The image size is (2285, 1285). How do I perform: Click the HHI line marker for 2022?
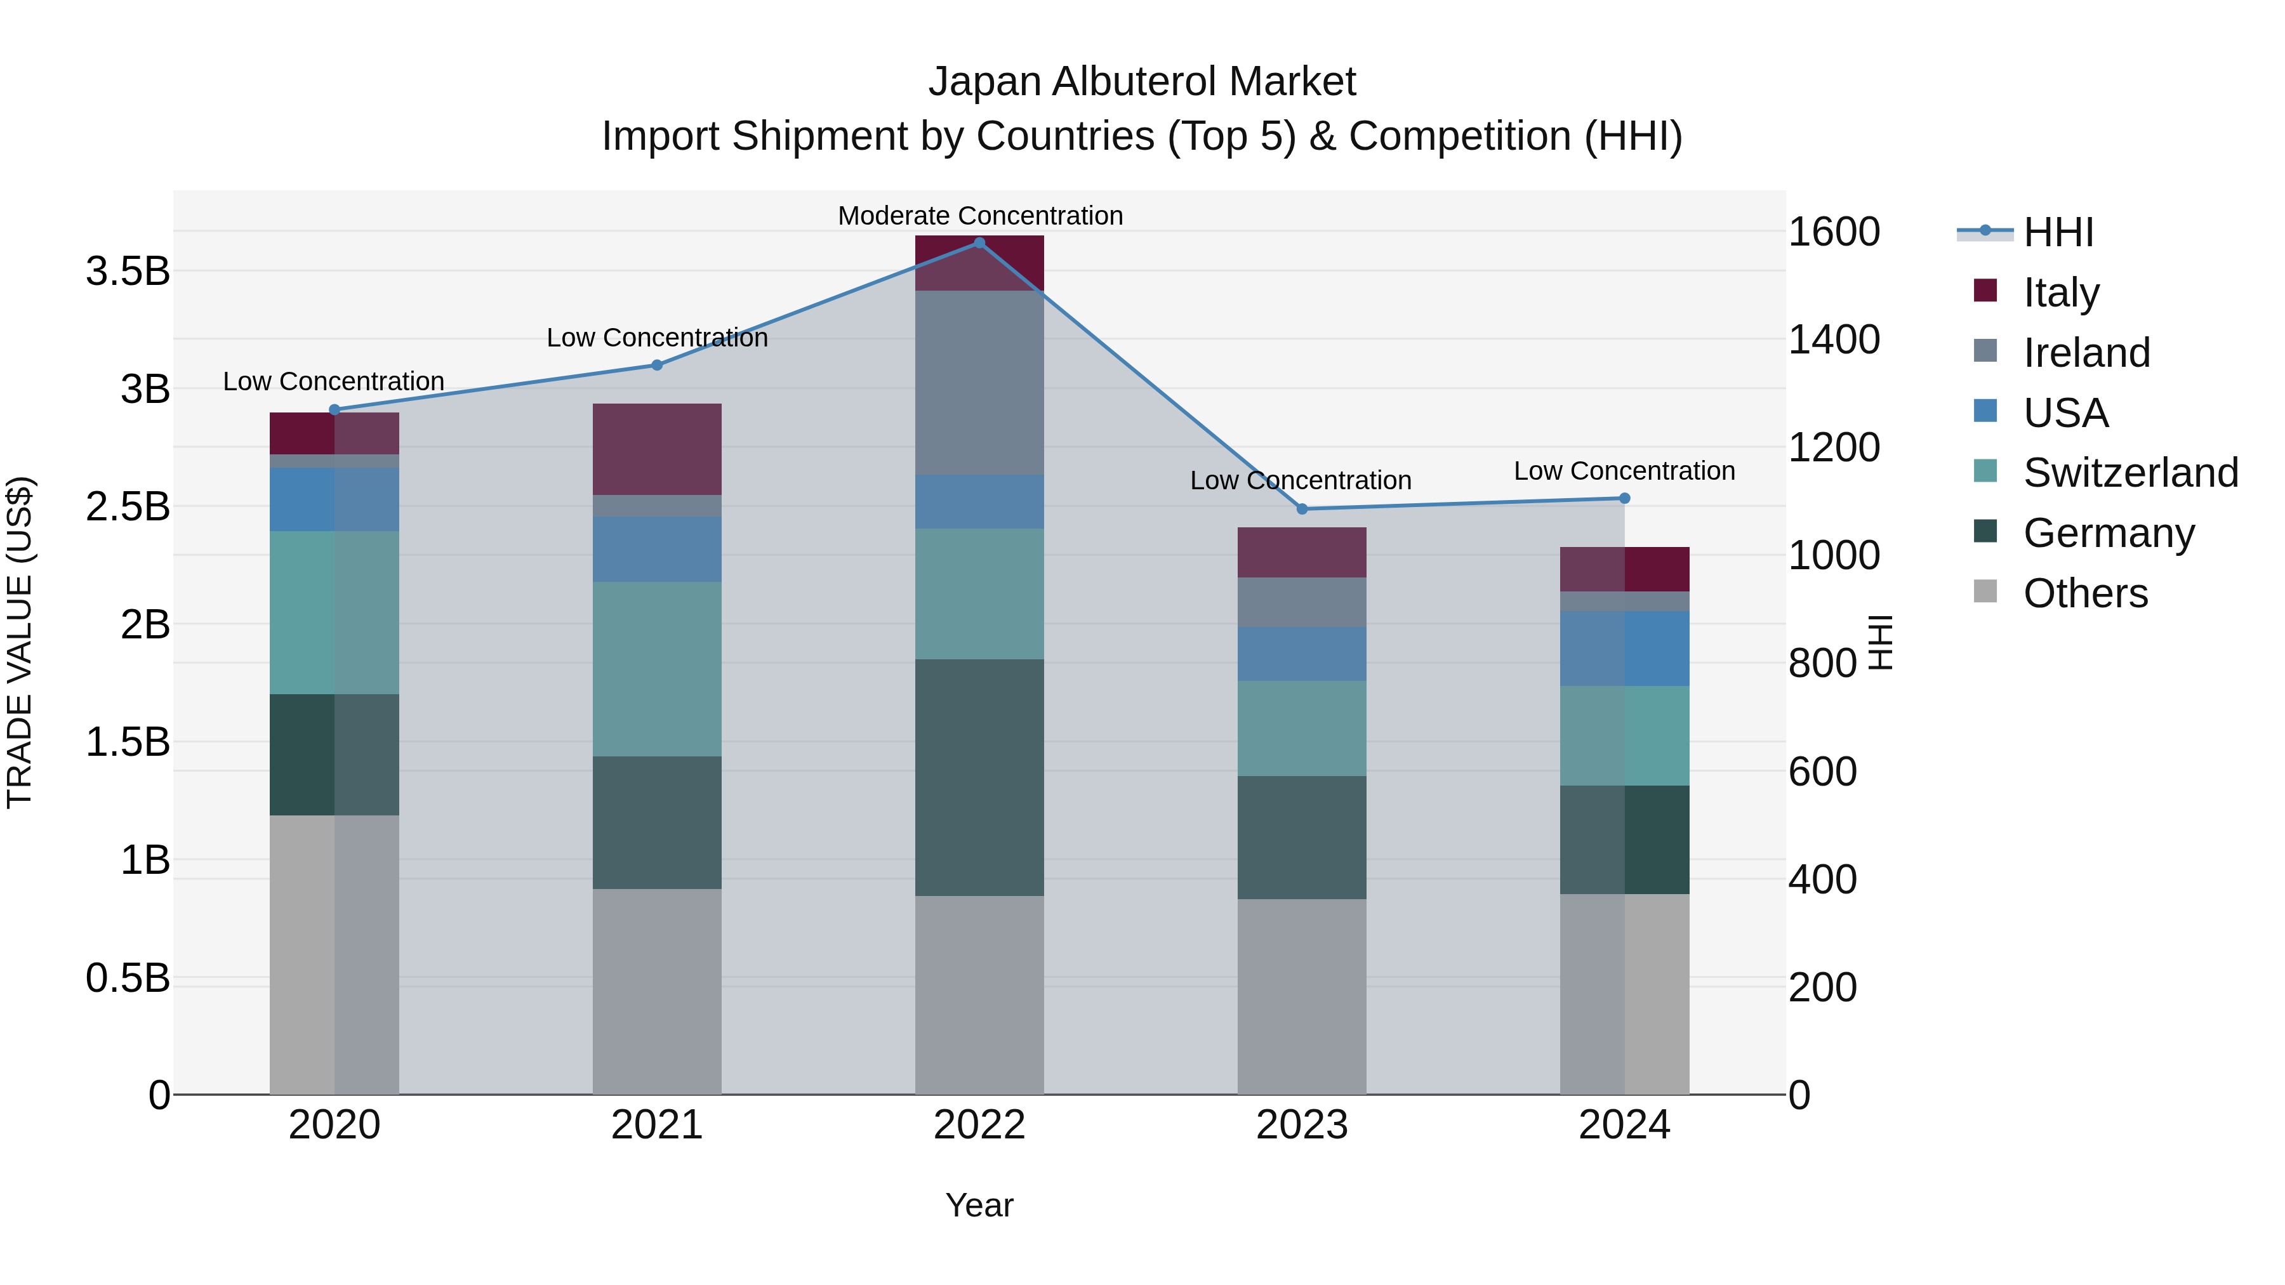click(x=979, y=243)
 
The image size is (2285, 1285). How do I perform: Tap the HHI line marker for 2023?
click(x=1302, y=509)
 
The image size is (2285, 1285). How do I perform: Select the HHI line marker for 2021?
click(x=658, y=366)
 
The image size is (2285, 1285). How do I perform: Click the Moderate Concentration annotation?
click(x=980, y=216)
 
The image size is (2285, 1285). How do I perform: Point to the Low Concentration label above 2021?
click(x=658, y=338)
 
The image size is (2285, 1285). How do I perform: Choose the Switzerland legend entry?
click(x=2129, y=473)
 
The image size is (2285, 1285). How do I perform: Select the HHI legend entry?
click(x=2058, y=232)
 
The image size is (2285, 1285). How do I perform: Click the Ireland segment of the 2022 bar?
click(x=979, y=382)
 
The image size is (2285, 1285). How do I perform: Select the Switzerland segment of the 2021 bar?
click(x=658, y=669)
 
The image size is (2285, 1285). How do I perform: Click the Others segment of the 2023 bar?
click(x=1302, y=997)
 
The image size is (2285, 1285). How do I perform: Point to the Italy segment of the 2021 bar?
click(x=658, y=449)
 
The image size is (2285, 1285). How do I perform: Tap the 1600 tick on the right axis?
click(x=1834, y=232)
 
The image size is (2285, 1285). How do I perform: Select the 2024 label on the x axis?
click(x=1624, y=1125)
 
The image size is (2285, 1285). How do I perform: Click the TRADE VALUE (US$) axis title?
click(x=20, y=642)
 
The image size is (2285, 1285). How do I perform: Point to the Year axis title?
click(x=979, y=1205)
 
